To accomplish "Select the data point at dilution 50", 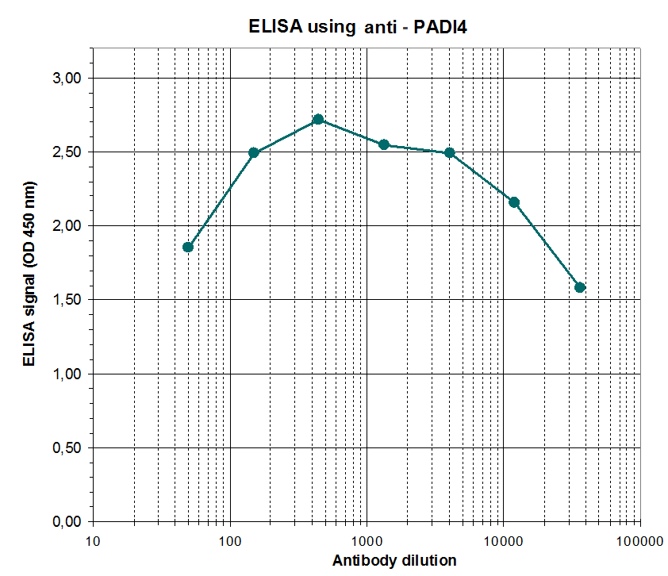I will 188,247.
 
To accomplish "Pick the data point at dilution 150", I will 254,152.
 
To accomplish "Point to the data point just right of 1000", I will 384,144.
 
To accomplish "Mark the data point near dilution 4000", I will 449,152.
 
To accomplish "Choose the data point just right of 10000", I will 514,202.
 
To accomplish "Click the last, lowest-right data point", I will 580,287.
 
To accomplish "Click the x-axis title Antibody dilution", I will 394,561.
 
